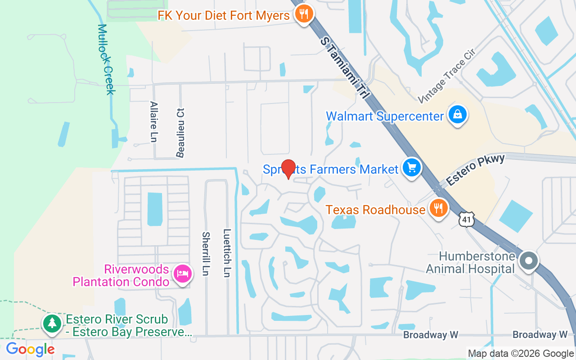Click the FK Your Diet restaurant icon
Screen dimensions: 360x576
[304, 14]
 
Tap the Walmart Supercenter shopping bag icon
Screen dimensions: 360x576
[457, 115]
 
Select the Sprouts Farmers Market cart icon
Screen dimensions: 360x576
[411, 168]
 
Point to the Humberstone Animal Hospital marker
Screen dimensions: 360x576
[529, 261]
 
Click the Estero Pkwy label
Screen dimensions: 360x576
[476, 170]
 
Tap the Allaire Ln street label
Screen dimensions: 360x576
[153, 121]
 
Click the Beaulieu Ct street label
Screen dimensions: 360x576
[180, 133]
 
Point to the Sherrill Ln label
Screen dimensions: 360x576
[206, 254]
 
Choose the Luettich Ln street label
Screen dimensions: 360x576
[227, 253]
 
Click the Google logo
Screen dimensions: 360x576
[30, 349]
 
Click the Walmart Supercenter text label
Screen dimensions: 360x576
[385, 116]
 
